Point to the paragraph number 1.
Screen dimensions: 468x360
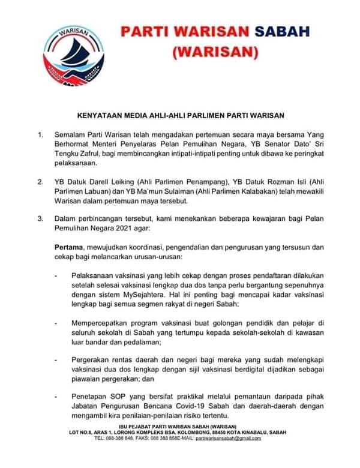coord(40,134)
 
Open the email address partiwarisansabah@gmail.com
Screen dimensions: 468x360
coord(229,439)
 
